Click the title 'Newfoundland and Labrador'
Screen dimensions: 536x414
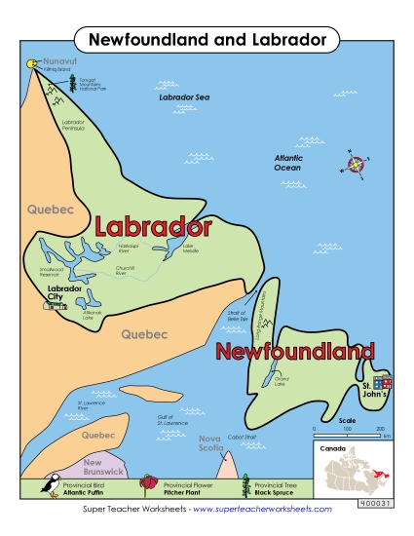[x=207, y=39]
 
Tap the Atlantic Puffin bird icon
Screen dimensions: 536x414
[x=45, y=484]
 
